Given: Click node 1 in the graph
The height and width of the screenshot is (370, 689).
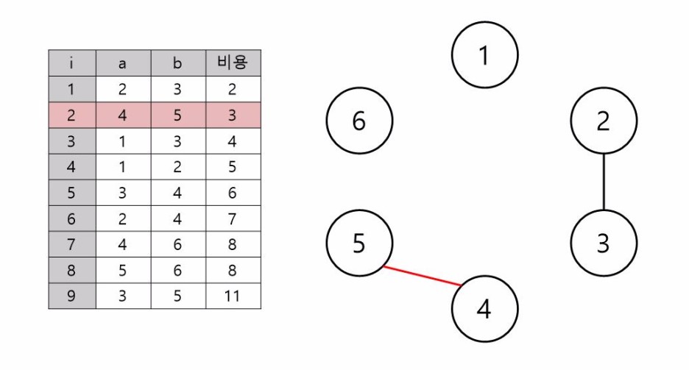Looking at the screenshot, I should (484, 55).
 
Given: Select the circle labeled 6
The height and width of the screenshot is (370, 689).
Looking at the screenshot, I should (359, 121).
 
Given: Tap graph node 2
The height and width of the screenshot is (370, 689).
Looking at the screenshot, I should (604, 121).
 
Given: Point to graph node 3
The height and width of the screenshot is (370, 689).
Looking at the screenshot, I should (604, 243).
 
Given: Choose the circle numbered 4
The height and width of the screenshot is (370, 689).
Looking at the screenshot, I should (484, 308).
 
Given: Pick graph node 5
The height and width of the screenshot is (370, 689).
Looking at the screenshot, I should (359, 243).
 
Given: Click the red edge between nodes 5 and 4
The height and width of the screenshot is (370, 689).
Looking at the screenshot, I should (423, 275).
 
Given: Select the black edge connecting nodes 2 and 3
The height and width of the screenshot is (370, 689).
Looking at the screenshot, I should (604, 182).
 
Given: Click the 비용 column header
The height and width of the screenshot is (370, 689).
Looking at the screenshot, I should (233, 63).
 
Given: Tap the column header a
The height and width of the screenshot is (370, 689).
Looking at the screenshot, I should (123, 63).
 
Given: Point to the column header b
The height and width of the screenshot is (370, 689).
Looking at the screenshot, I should (177, 63).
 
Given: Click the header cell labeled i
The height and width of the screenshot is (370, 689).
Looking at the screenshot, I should (71, 63).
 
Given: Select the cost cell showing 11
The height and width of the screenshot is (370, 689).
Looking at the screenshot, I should (233, 296).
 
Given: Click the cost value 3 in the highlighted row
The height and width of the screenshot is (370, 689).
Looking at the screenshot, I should (233, 115).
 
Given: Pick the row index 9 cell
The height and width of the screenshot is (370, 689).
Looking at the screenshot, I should (71, 296).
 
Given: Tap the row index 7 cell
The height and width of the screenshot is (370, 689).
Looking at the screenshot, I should (71, 244).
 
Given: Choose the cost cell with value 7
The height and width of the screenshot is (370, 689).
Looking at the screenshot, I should (233, 218).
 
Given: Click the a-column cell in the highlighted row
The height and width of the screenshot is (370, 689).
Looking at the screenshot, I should (123, 115).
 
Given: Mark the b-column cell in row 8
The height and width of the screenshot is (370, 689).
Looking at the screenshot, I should (177, 270).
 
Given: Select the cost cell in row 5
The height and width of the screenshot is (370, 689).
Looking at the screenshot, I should (233, 193).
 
